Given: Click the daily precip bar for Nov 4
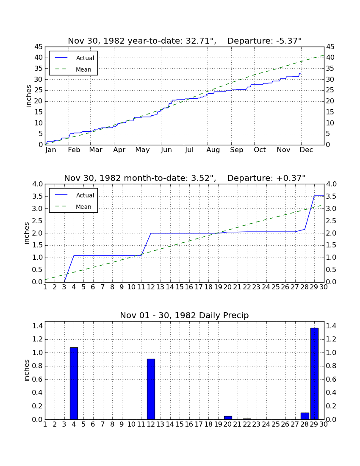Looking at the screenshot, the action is pos(74,383).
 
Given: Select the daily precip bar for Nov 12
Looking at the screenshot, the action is pos(151,389).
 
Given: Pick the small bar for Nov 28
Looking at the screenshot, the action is pos(305,416).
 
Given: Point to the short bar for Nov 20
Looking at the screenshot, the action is pos(228,418).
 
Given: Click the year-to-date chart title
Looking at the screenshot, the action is pos(185,41).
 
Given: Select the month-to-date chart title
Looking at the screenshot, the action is pos(185,178).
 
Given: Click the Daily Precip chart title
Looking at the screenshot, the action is pos(184,315).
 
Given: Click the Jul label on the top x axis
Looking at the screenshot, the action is pos(189,150).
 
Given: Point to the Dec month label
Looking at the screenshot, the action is pos(306,150).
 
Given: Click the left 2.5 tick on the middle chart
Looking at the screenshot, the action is pos(37,221).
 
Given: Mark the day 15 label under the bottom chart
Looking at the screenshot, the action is pos(180,424).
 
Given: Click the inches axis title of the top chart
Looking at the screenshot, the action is pos(28,96).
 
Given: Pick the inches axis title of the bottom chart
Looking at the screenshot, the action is pos(26,370).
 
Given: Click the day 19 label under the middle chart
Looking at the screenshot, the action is pos(218,287).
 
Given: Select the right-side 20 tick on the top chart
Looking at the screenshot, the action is pos(330,101).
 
